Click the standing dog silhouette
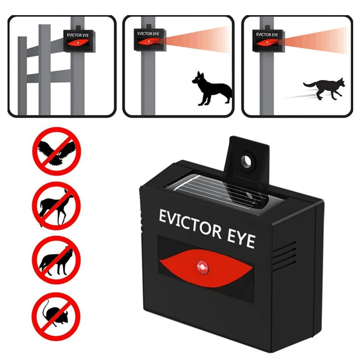tap(211, 88)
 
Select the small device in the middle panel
tap(148, 39)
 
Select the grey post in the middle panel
tap(147, 83)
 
